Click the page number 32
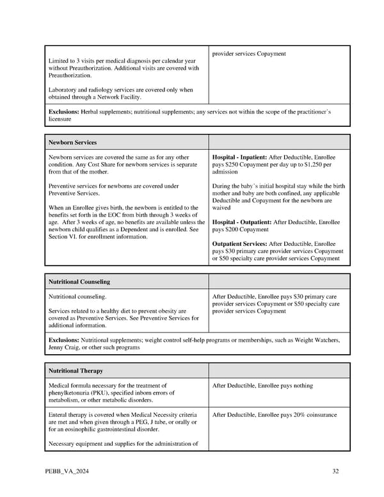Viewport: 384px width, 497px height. tap(335, 472)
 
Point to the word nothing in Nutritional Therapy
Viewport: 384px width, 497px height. tap(300, 386)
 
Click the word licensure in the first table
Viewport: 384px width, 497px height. tap(60, 119)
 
